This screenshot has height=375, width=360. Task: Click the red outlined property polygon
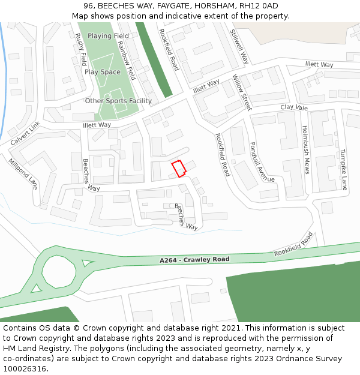(178, 169)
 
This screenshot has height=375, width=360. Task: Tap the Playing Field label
(108, 36)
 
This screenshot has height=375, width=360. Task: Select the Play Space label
(102, 72)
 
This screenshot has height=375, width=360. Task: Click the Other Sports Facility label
(118, 101)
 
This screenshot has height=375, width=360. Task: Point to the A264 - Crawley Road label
(195, 260)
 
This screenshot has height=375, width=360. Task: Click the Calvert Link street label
(25, 133)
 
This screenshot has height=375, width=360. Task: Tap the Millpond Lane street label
(23, 174)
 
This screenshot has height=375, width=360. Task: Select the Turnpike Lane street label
(344, 169)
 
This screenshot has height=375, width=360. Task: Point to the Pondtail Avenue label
(262, 162)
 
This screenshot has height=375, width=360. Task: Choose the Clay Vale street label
(294, 107)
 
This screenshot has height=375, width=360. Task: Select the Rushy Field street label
(81, 49)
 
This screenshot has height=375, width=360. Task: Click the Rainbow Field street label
(127, 61)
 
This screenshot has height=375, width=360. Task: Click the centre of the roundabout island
(59, 271)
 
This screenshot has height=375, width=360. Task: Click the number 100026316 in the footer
(24, 368)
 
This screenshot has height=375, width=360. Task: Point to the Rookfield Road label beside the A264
(293, 244)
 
